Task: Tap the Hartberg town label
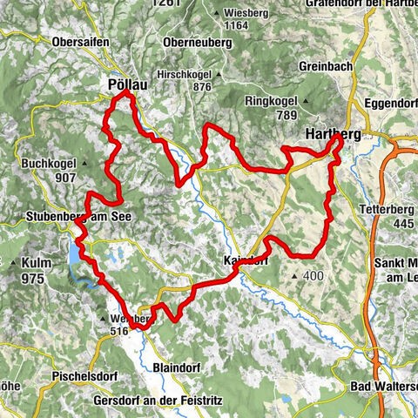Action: pyautogui.click(x=334, y=134)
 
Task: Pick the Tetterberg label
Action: pyautogui.click(x=388, y=209)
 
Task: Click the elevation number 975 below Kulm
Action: pyautogui.click(x=32, y=279)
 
